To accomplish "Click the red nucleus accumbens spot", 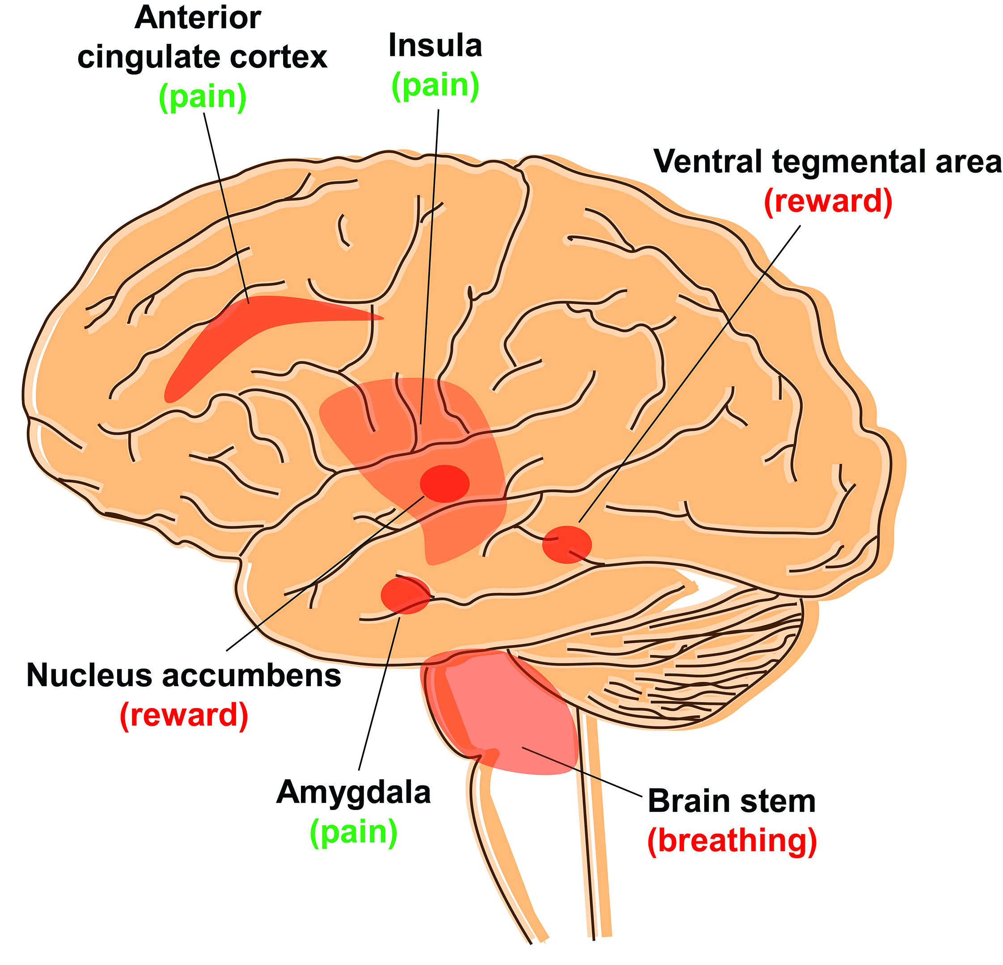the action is [444, 483].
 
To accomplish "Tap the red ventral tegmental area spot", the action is [567, 545].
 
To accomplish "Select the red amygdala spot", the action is [405, 595].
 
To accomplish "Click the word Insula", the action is [436, 46].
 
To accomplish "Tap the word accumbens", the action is [252, 675].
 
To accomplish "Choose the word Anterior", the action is [198, 18].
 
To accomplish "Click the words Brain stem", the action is [731, 801].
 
